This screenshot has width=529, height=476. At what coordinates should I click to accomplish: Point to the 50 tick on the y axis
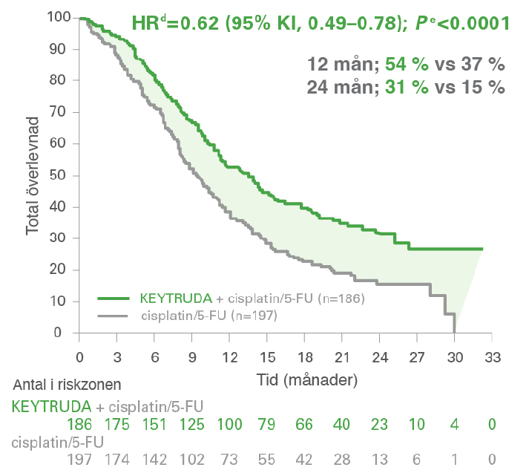click(x=62, y=175)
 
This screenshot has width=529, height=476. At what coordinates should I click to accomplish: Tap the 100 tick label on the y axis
click(x=57, y=17)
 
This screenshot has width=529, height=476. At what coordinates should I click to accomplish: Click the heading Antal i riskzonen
click(x=67, y=385)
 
